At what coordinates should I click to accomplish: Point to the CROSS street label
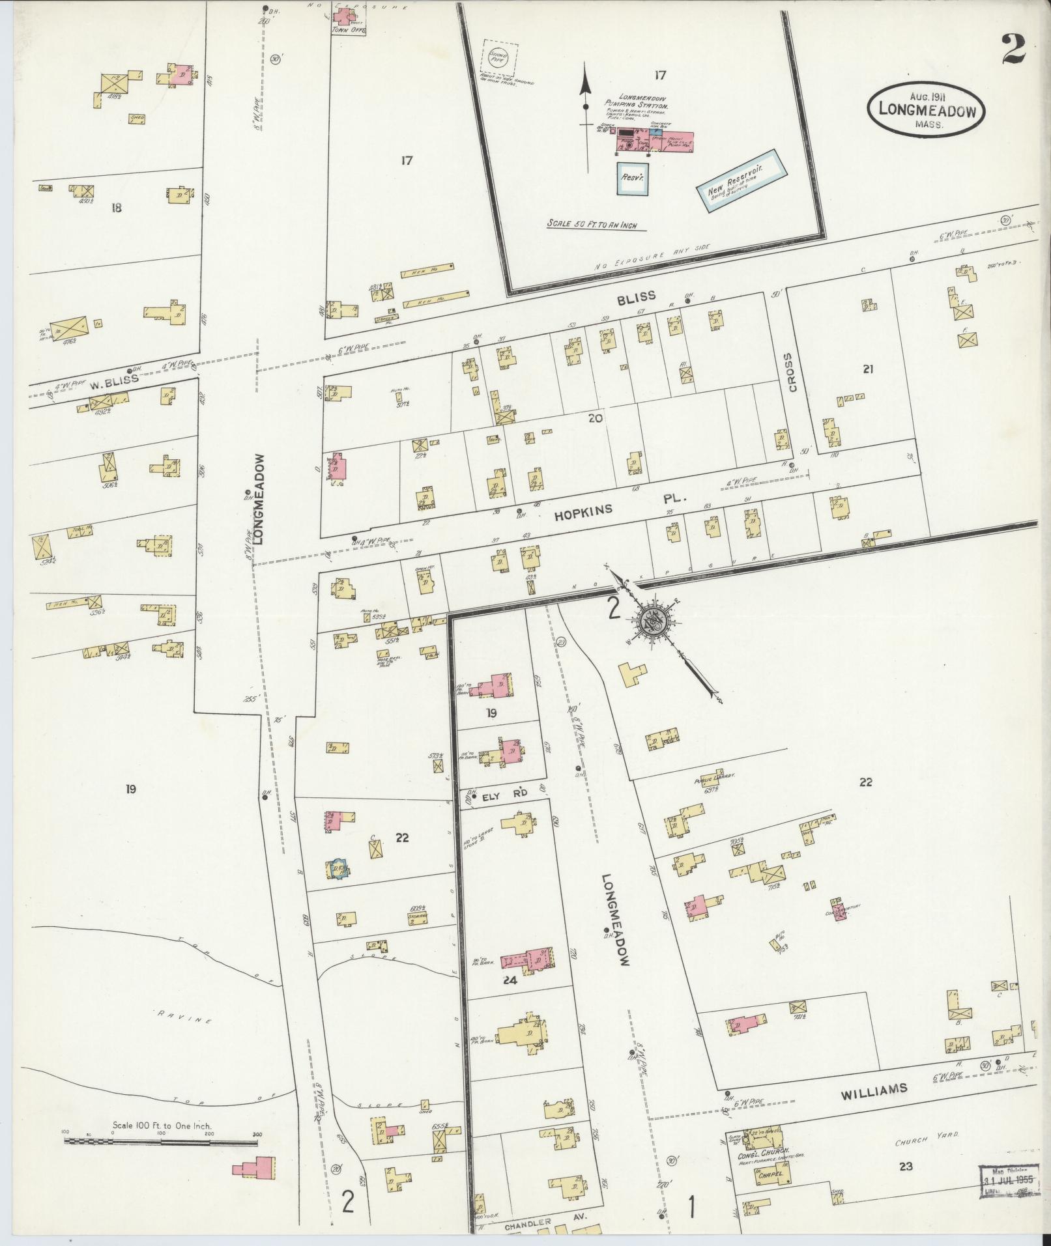coord(791,373)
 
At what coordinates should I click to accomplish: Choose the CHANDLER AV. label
coord(527,1223)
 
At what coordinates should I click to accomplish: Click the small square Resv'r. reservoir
coord(632,177)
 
